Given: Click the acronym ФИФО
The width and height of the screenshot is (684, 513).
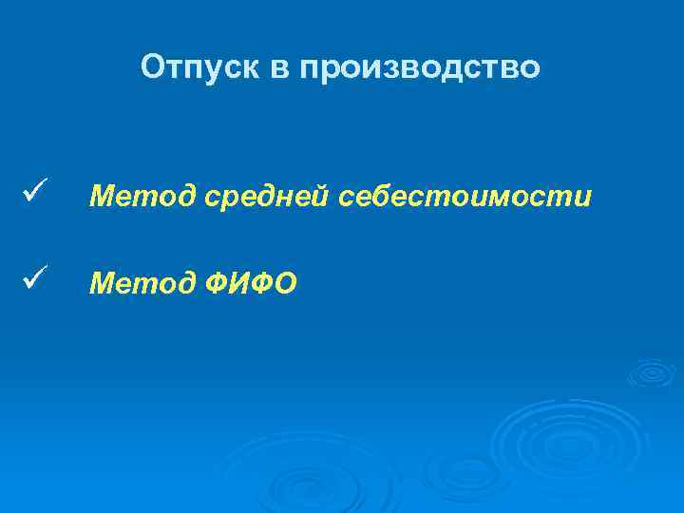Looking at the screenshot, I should pyautogui.click(x=248, y=282).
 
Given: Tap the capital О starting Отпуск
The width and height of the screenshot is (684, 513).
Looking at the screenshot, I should pyautogui.click(x=152, y=67).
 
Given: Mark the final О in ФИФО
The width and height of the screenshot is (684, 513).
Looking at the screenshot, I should pyautogui.click(x=285, y=282).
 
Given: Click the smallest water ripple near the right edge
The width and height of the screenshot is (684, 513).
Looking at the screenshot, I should pyautogui.click(x=652, y=372).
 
